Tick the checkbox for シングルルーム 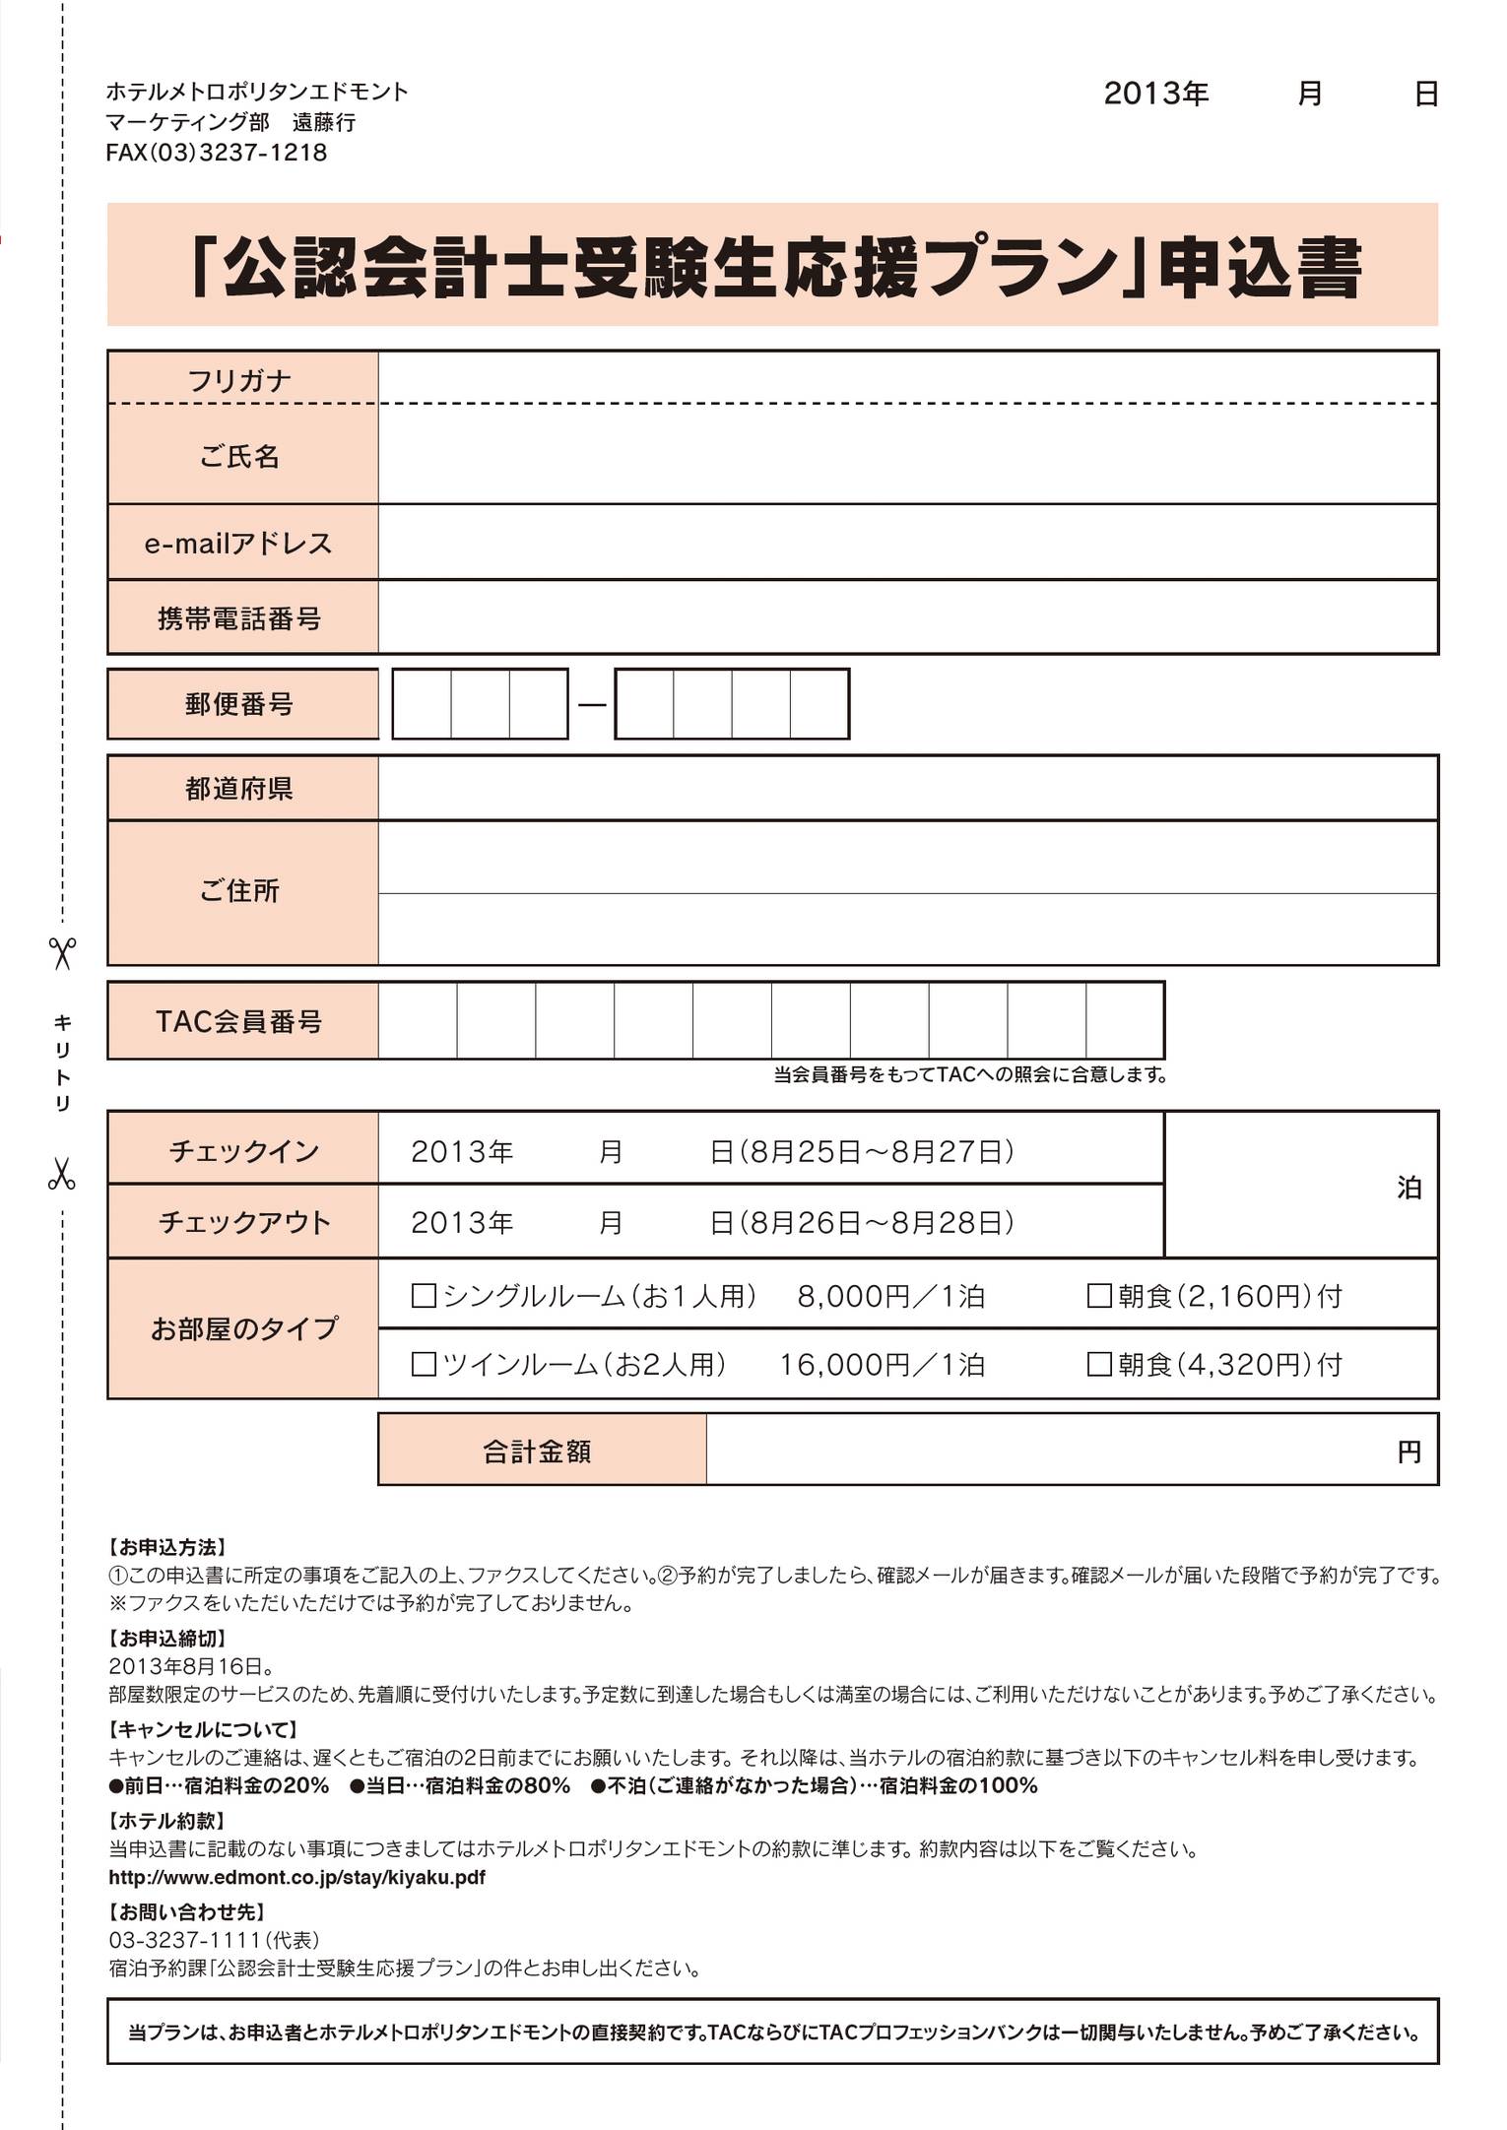point(424,1296)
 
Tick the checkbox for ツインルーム point(424,1365)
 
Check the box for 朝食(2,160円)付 point(1099,1296)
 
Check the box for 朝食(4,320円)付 point(1099,1365)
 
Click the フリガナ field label point(240,380)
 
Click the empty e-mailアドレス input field point(906,543)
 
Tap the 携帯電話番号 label point(240,618)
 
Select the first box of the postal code point(422,704)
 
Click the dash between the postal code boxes point(592,704)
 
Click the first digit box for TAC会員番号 point(418,1021)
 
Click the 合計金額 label point(538,1451)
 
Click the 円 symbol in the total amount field point(1409,1452)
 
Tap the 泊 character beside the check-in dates point(1409,1188)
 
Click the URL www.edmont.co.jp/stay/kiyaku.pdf point(296,1877)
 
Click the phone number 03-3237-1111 point(185,1939)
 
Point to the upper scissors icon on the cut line point(62,952)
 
